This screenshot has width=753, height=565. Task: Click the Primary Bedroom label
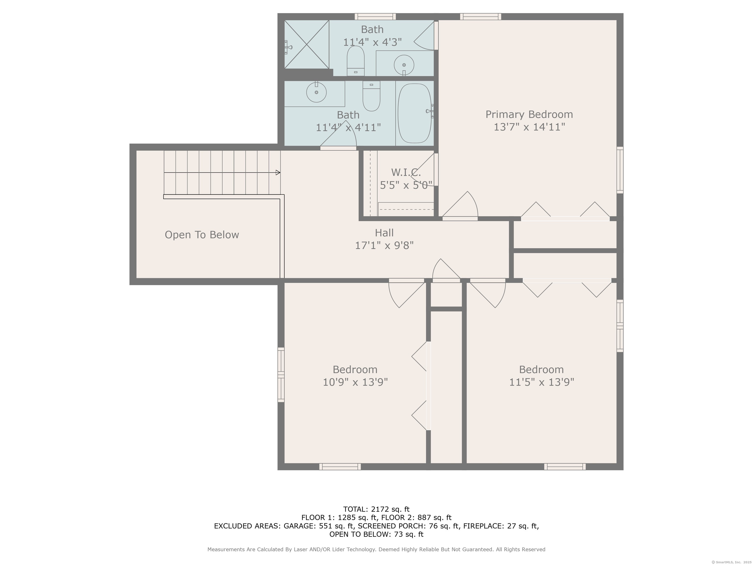click(x=529, y=115)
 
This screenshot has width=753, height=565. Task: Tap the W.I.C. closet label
click(x=405, y=172)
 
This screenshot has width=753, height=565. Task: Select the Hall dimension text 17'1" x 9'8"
click(x=384, y=245)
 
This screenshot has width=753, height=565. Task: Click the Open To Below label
click(x=202, y=235)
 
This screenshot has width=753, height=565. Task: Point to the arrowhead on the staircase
click(x=278, y=173)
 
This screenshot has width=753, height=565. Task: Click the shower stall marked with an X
click(x=307, y=44)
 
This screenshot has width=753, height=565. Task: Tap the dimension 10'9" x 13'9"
click(x=355, y=382)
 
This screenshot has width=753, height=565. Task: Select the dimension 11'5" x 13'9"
click(x=541, y=382)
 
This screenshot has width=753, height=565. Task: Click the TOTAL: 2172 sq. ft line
click(x=376, y=509)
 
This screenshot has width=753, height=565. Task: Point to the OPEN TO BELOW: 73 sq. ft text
click(x=376, y=534)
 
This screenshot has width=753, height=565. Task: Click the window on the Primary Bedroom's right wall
click(x=620, y=170)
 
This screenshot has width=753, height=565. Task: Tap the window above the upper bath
click(x=375, y=16)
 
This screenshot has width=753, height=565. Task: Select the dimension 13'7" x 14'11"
click(x=529, y=127)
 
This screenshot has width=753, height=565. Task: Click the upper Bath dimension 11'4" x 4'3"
click(x=372, y=42)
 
